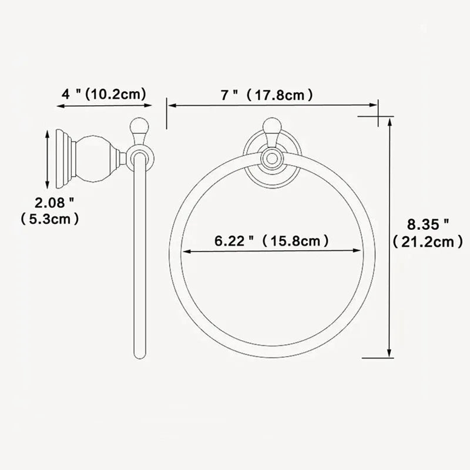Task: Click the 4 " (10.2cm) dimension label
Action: pyautogui.click(x=104, y=93)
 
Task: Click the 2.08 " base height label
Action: pyautogui.click(x=54, y=204)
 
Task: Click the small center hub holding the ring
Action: pyautogui.click(x=271, y=157)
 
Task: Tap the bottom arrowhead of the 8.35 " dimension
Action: pyautogui.click(x=390, y=352)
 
